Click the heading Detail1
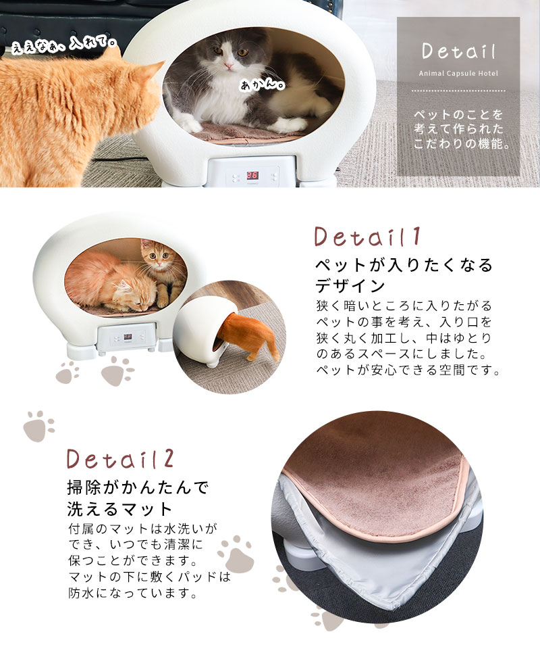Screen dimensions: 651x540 coord(369,237)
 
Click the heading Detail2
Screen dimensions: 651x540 coord(121,458)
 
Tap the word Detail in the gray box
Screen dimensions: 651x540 coord(458,51)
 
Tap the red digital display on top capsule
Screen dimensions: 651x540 coord(254,173)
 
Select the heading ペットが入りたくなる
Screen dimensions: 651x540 coord(405,264)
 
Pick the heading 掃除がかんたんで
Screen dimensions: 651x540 coord(138,487)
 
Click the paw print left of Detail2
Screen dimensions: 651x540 coord(38,426)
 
